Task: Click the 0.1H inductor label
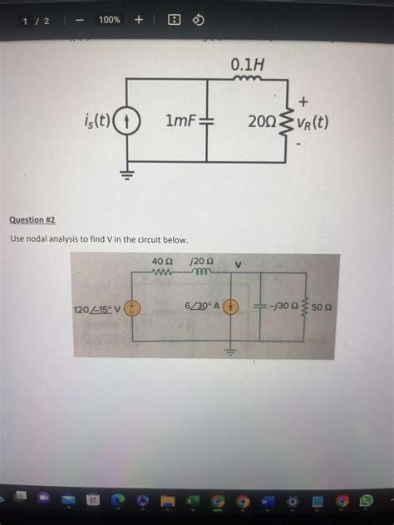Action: (247, 63)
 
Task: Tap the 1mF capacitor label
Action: (180, 122)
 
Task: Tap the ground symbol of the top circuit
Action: (127, 174)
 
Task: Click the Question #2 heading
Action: (32, 220)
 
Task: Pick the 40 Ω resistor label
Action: (161, 262)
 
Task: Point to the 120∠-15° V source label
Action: (97, 310)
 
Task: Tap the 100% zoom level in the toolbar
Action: (109, 20)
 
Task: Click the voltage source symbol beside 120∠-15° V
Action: (133, 309)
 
